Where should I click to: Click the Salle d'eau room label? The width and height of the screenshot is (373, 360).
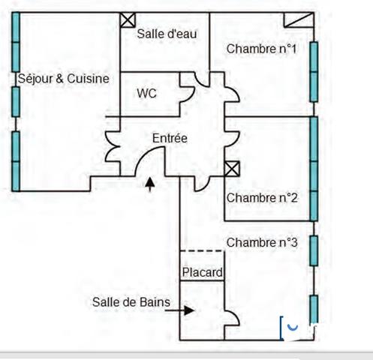tap(167, 34)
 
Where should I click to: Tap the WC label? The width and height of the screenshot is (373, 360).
tap(146, 94)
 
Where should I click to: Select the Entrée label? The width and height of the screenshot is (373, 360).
tap(170, 138)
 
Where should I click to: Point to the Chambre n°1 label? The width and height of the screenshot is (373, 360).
tap(261, 49)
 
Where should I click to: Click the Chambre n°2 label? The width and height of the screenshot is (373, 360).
tap(262, 198)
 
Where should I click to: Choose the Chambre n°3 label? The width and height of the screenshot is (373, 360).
tap(262, 242)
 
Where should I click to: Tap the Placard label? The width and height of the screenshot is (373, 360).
tap(202, 272)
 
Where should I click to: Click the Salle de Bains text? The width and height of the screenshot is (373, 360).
tap(131, 302)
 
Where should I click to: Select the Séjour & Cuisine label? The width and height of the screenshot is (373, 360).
tap(64, 79)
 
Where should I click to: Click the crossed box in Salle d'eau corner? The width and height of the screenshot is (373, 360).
tap(128, 19)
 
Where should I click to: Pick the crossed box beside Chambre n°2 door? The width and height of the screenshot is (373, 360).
tap(232, 169)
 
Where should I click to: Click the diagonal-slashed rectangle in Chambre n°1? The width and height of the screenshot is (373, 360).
tap(299, 19)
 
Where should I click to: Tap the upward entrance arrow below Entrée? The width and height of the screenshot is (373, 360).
tap(150, 184)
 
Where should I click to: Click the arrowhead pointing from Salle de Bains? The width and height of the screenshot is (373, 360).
tap(189, 310)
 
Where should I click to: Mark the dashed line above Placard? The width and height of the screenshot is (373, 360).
tap(202, 250)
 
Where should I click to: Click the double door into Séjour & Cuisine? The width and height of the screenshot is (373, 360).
tap(113, 146)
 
